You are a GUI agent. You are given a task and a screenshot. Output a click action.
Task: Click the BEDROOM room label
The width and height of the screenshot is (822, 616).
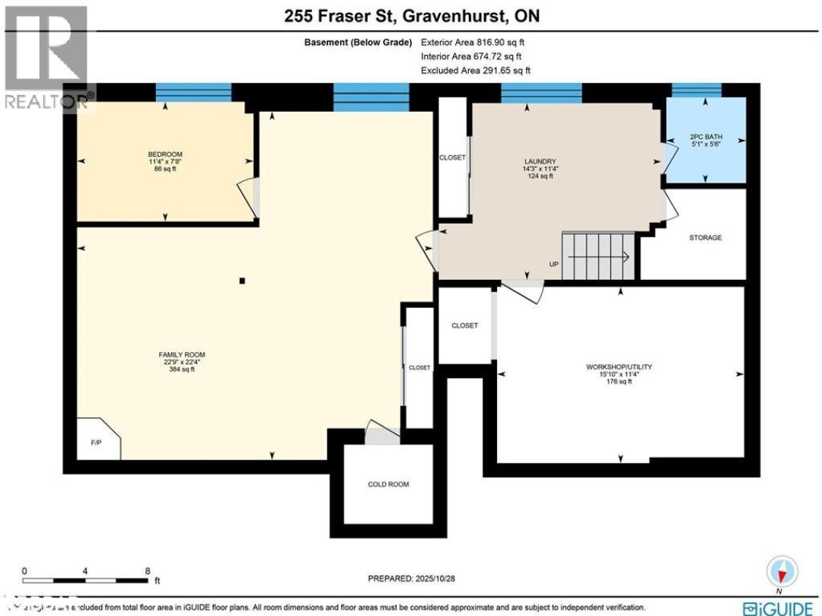(x=164, y=152)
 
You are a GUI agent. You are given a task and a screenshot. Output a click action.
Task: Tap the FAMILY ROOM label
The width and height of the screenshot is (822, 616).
(x=182, y=354)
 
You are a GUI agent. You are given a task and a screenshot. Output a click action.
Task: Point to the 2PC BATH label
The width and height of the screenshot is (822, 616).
(x=705, y=138)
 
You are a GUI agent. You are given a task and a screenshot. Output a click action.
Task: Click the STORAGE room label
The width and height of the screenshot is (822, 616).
(x=705, y=238)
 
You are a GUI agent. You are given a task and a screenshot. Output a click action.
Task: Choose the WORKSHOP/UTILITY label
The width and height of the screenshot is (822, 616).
(x=619, y=367)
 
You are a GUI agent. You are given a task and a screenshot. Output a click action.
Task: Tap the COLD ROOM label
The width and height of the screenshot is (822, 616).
(x=388, y=484)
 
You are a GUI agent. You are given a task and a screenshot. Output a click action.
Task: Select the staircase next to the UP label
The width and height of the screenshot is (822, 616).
(x=598, y=256)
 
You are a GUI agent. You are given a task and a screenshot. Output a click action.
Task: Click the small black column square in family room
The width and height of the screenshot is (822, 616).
(x=242, y=281)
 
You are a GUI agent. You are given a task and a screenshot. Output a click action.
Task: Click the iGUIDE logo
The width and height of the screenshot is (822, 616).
(x=779, y=608)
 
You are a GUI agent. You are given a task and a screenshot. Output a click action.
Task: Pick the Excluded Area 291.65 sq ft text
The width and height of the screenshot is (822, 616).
(x=475, y=70)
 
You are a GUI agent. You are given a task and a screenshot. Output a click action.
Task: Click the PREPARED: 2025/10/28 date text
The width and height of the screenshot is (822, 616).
(x=411, y=578)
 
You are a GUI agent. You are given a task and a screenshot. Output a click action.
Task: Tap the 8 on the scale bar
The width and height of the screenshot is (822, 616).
(x=147, y=570)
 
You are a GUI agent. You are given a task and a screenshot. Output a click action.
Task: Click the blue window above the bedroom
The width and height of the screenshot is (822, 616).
(x=193, y=92)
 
